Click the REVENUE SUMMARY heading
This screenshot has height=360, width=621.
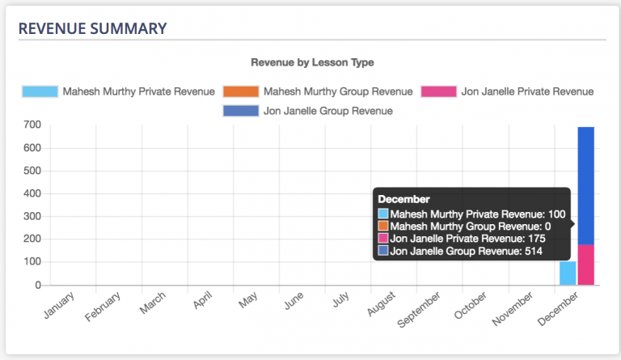point(93,28)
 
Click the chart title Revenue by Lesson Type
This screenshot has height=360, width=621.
point(312,61)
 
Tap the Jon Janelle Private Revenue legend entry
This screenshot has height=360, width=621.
point(507,91)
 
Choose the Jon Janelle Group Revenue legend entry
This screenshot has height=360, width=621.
point(308,111)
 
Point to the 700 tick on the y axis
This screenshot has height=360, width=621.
point(32,125)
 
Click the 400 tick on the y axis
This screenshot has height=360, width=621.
point(32,194)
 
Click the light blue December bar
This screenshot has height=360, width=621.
point(568,273)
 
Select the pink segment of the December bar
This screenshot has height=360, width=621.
point(586,265)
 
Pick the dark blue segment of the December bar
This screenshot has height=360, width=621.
point(586,186)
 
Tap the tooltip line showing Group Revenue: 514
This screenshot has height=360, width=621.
point(466,252)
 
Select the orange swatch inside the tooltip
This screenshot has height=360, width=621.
point(383,227)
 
